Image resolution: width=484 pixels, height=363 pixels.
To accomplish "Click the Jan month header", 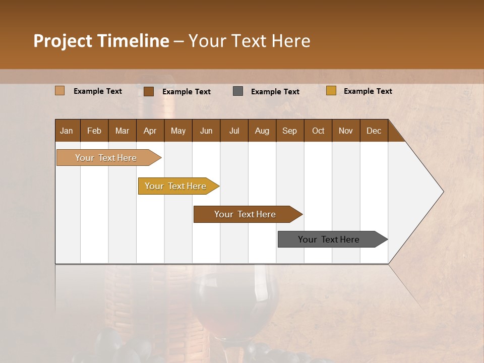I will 67,131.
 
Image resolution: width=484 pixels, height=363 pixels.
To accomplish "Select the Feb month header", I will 94,131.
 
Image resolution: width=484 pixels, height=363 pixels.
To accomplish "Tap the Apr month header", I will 150,131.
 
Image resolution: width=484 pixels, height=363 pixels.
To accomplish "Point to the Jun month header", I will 206,131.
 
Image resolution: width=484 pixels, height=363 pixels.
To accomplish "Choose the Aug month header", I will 262,131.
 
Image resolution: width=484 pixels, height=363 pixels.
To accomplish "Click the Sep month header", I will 289,131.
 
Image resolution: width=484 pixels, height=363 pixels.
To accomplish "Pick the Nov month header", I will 345,131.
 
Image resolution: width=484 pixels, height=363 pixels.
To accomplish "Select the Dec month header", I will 374,131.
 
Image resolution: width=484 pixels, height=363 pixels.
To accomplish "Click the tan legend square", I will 59,91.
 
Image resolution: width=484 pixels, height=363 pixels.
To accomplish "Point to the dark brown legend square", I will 148,91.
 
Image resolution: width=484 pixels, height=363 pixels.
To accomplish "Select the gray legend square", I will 238,91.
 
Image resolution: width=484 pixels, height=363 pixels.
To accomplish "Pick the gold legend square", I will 331,91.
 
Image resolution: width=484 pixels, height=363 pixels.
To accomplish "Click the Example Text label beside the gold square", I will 368,91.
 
